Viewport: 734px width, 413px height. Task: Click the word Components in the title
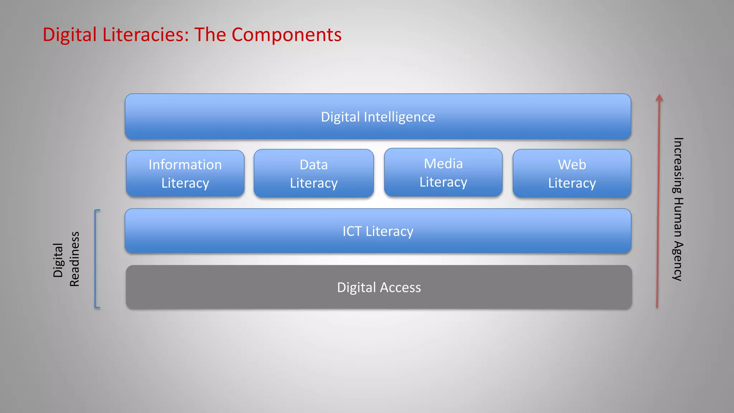pyautogui.click(x=286, y=35)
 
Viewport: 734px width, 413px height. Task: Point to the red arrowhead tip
pyautogui.click(x=659, y=96)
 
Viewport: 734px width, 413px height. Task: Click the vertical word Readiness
pyautogui.click(x=74, y=259)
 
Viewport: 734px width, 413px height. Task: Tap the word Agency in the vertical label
pyautogui.click(x=677, y=261)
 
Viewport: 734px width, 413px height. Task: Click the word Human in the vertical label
pyautogui.click(x=677, y=217)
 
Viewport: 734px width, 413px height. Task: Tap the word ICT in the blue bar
pyautogui.click(x=352, y=231)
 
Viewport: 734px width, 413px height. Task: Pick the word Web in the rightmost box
pyautogui.click(x=572, y=165)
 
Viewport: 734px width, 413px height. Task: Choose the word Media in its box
pyautogui.click(x=443, y=164)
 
